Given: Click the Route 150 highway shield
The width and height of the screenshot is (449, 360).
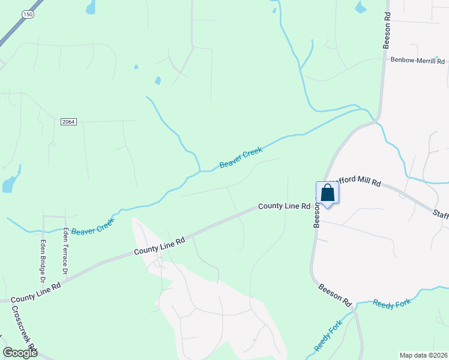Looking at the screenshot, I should pyautogui.click(x=28, y=13).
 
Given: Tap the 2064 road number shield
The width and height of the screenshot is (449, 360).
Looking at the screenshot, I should pyautogui.click(x=68, y=121).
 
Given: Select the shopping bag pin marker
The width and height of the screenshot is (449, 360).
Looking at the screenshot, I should pyautogui.click(x=327, y=194).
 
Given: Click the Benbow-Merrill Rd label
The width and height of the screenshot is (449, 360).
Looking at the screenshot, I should pyautogui.click(x=417, y=61).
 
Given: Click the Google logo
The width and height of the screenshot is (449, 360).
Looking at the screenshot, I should pyautogui.click(x=20, y=353).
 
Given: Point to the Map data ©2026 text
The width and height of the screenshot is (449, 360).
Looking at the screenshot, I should pyautogui.click(x=423, y=355).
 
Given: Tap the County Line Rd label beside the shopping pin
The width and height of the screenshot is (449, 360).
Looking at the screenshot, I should pyautogui.click(x=284, y=206).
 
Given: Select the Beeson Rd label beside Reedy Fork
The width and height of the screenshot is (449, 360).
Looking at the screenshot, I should pyautogui.click(x=335, y=295).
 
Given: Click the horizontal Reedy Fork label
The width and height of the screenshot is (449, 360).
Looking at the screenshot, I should pyautogui.click(x=391, y=304).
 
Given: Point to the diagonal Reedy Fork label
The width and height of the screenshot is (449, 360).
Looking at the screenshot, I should pyautogui.click(x=327, y=336).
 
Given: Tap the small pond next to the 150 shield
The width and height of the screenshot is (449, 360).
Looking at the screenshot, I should pyautogui.click(x=91, y=8).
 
